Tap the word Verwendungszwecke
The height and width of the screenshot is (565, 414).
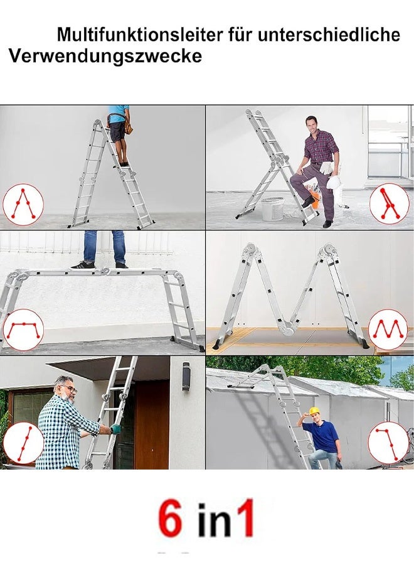(105, 56)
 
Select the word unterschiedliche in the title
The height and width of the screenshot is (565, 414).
(329, 35)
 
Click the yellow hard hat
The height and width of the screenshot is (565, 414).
(315, 411)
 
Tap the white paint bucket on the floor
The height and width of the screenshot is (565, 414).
(272, 209)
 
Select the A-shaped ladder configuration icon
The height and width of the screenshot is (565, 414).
(23, 204)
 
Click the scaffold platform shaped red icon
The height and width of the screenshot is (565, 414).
(23, 330)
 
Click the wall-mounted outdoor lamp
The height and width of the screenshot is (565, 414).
(186, 376)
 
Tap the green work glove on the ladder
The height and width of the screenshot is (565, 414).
(115, 429)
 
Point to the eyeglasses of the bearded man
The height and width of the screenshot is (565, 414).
(70, 389)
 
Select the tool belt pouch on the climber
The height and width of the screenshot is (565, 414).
(128, 125)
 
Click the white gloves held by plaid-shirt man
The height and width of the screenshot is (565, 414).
(327, 168)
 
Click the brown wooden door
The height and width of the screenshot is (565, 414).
(152, 424)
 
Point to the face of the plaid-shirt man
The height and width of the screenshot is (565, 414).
(312, 126)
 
